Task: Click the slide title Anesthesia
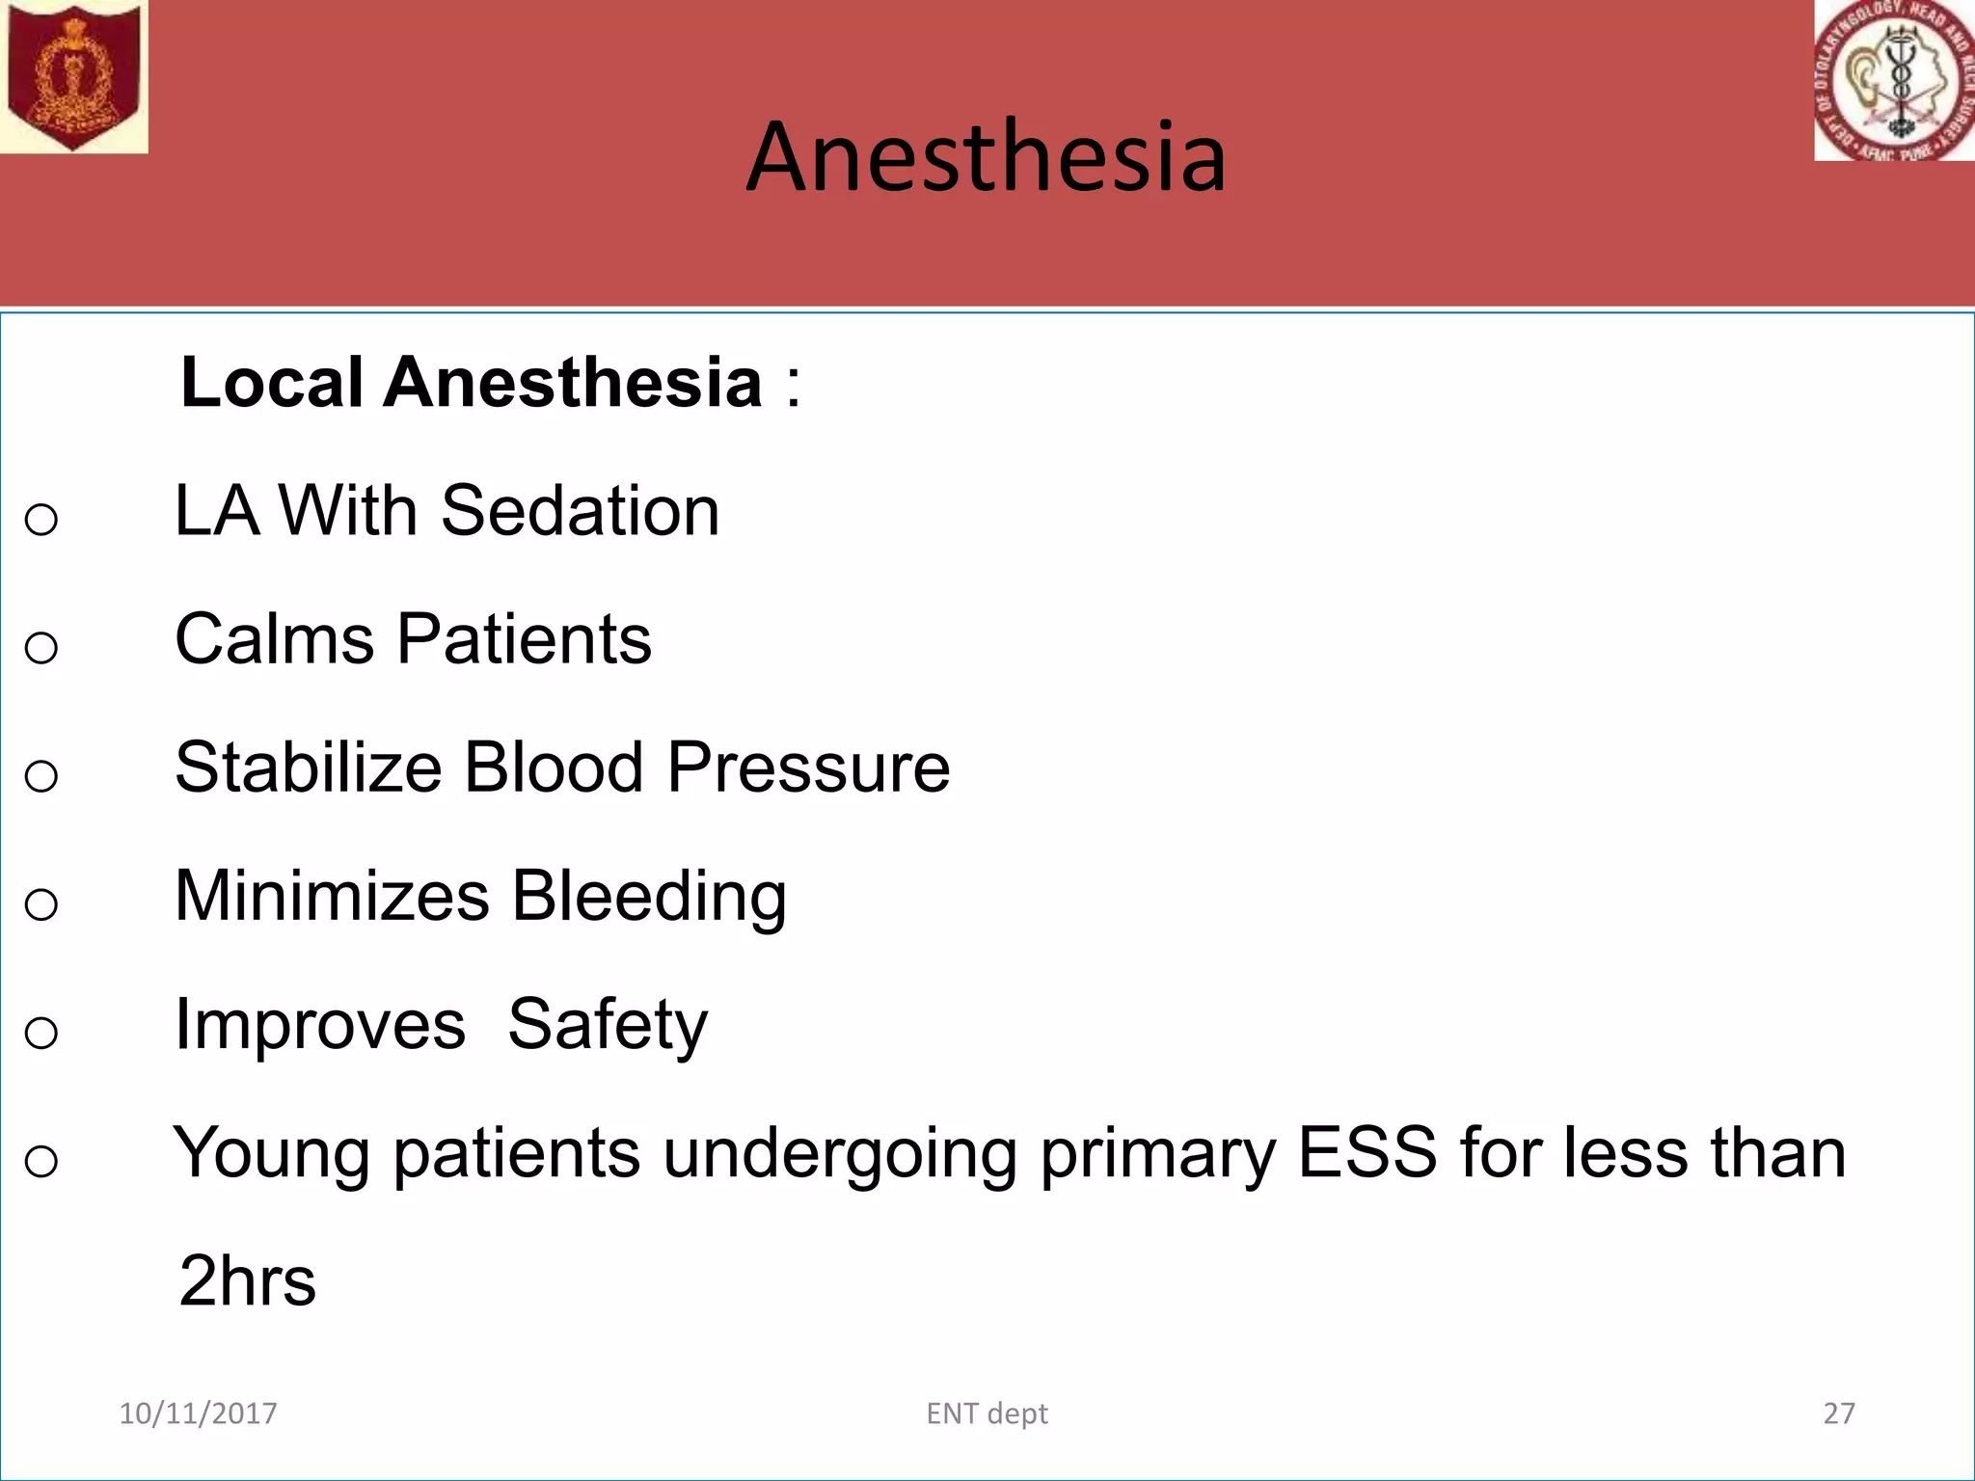(x=986, y=157)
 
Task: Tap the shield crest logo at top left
(x=72, y=75)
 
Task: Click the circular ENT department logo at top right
(x=1894, y=80)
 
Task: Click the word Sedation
(x=580, y=511)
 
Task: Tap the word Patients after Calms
(x=525, y=639)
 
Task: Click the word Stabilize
(x=308, y=768)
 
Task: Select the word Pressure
(x=808, y=768)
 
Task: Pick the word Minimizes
(x=332, y=897)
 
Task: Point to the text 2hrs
(x=248, y=1281)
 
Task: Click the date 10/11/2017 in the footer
(x=198, y=1414)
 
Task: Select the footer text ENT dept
(x=987, y=1414)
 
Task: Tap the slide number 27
(x=1839, y=1414)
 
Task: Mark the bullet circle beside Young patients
(x=41, y=1162)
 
